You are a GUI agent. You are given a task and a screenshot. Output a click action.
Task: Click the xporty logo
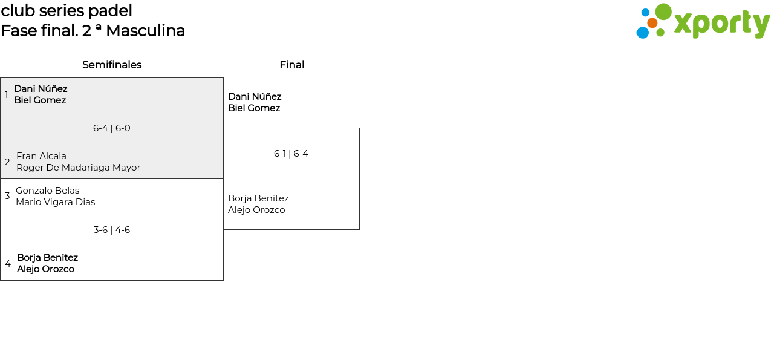point(703,22)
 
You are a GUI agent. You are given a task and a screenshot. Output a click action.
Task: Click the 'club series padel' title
point(67,11)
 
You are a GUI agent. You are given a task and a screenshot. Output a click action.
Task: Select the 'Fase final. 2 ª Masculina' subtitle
point(93,31)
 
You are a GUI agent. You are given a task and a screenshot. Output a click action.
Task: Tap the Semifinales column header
point(112,65)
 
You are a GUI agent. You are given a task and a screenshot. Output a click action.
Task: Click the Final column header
point(291,65)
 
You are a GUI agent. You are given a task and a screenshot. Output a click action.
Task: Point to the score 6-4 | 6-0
point(112,128)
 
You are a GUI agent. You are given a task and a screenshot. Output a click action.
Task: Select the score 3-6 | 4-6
point(112,230)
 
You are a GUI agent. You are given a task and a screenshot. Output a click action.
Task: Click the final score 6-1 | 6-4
point(291,154)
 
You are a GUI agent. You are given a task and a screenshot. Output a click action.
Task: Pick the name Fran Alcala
point(41,156)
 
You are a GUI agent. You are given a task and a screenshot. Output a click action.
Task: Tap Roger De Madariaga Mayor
point(78,168)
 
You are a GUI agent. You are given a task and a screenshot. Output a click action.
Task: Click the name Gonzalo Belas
point(47,191)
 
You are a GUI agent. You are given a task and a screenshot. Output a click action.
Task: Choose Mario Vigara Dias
point(55,202)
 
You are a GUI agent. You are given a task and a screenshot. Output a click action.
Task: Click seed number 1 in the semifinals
point(7,95)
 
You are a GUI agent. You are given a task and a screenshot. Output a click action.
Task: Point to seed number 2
point(7,162)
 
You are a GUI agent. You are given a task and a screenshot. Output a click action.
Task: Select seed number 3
point(7,196)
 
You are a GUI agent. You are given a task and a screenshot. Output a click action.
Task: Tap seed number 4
point(8,264)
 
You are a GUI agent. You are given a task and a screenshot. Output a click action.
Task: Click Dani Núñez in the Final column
point(255,97)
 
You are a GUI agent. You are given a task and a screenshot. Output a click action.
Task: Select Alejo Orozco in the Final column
point(256,210)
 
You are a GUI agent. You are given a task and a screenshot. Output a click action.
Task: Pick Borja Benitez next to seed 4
point(47,258)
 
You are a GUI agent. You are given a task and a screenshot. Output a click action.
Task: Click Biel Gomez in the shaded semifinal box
point(40,100)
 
